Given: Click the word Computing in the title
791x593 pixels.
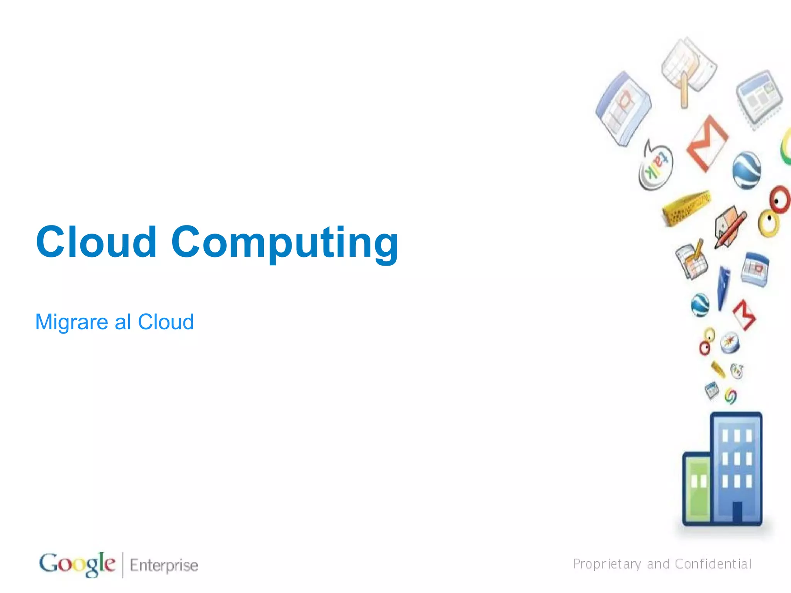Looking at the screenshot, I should click(285, 242).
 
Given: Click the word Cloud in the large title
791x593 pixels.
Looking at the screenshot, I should click(97, 242).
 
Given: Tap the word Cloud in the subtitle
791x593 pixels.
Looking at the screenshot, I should click(166, 322).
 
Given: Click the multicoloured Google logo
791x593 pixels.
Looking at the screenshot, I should click(77, 564).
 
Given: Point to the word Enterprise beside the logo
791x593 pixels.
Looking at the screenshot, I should click(164, 565).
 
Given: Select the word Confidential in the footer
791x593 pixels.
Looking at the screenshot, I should click(713, 564).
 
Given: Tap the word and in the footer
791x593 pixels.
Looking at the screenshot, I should click(658, 564).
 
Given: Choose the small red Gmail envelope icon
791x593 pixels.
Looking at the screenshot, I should click(744, 315).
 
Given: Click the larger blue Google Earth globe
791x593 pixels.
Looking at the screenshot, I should click(747, 170).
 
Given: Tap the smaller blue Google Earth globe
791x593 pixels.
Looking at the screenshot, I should click(700, 305).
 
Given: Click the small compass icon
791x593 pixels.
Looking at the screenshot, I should click(730, 342).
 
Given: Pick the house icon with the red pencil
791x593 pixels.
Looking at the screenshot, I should click(729, 226).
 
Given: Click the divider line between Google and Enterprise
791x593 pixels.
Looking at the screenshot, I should click(123, 565).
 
